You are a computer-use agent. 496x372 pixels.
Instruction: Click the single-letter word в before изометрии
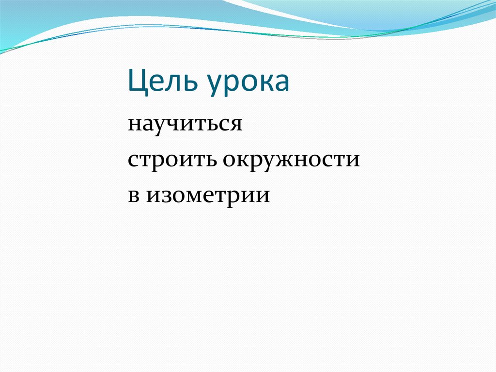[x=134, y=195]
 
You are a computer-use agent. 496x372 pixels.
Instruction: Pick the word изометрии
[x=208, y=195]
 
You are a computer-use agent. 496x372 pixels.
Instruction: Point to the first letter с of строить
[x=133, y=161]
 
